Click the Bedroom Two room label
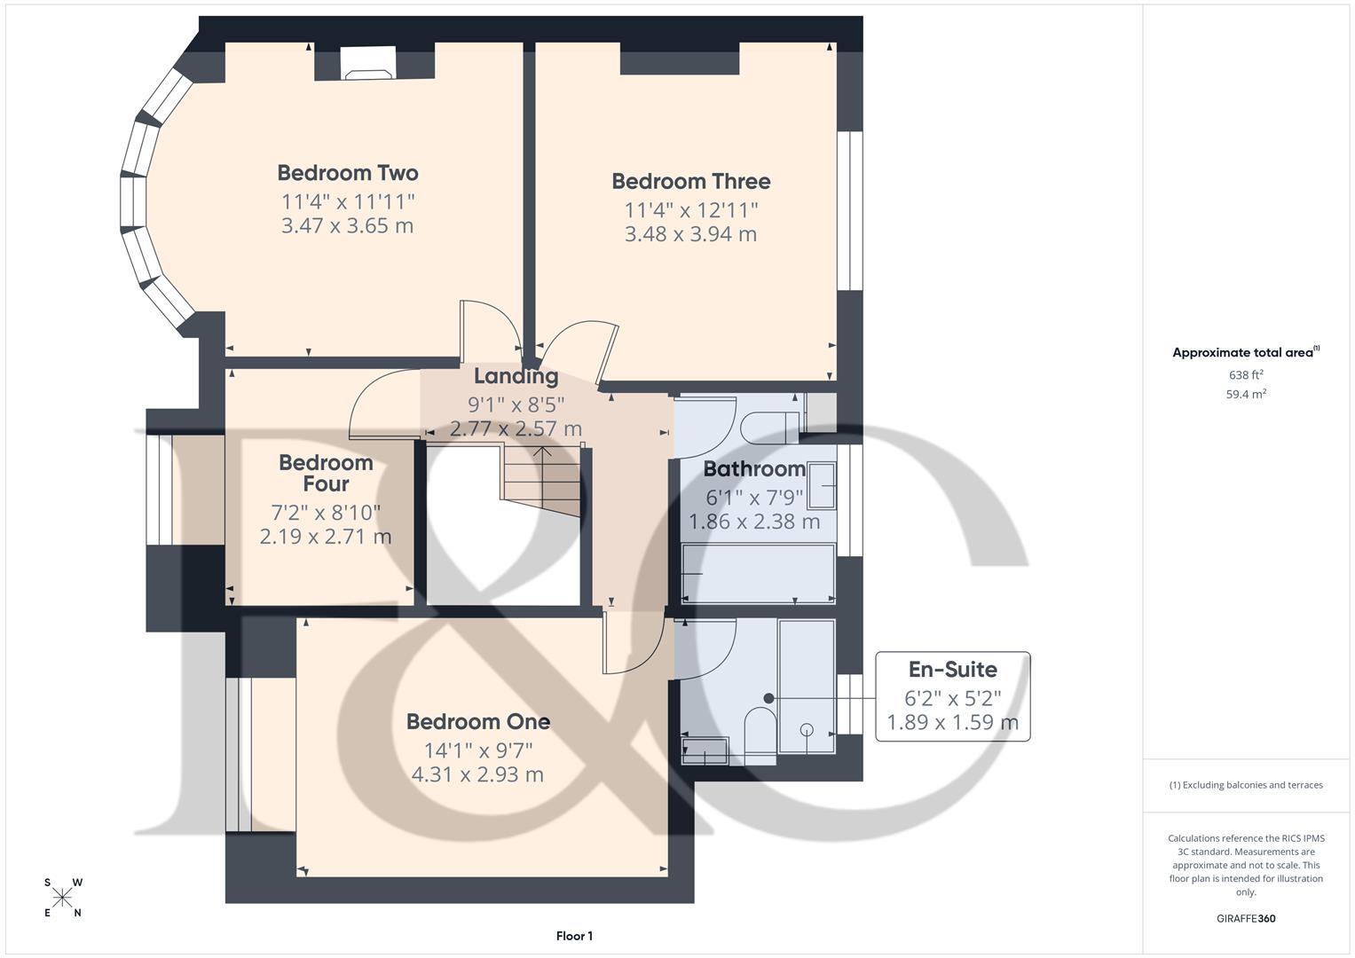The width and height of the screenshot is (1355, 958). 347,173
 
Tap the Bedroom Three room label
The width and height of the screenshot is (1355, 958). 690,182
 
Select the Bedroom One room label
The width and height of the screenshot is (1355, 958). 477,722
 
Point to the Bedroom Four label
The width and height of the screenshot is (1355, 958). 326,474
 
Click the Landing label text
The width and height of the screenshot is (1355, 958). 516,376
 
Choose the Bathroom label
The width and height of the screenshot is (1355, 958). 754,469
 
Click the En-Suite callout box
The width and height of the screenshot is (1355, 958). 952,696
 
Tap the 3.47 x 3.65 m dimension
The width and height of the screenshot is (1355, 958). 347,226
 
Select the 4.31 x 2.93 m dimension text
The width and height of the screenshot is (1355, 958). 477,774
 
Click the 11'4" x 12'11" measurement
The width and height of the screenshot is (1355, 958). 690,210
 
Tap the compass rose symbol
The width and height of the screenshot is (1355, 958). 63,898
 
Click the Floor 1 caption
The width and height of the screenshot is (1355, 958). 574,936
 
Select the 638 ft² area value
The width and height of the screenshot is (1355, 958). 1246,375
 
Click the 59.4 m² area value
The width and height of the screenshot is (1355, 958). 1246,395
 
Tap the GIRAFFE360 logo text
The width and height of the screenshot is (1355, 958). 1245,918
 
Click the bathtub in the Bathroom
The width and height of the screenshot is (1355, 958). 758,574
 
